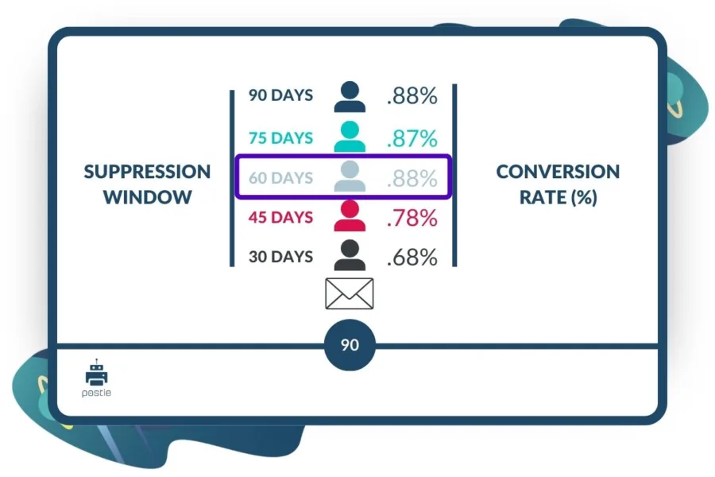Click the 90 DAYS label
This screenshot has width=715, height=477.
click(280, 95)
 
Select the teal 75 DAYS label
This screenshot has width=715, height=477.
click(280, 138)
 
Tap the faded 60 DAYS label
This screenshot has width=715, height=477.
click(280, 177)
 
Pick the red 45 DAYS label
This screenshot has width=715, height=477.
click(280, 217)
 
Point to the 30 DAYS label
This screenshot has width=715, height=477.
click(280, 257)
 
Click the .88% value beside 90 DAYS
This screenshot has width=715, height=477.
click(412, 96)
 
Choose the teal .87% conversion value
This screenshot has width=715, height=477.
click(412, 138)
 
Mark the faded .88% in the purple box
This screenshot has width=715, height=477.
click(412, 178)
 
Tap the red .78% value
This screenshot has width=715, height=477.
click(412, 218)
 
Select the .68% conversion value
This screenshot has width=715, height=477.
click(412, 257)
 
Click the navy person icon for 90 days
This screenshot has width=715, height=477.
click(350, 96)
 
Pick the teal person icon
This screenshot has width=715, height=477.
click(350, 136)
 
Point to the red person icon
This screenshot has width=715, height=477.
click(350, 215)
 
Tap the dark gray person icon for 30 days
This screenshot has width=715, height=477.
click(350, 255)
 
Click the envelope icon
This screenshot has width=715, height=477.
click(350, 293)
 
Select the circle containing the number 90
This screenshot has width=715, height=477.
click(350, 345)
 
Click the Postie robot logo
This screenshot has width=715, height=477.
click(96, 378)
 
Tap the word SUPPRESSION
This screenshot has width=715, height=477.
click(147, 172)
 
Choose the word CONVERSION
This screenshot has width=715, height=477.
click(558, 172)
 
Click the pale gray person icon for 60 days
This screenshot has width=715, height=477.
click(350, 176)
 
